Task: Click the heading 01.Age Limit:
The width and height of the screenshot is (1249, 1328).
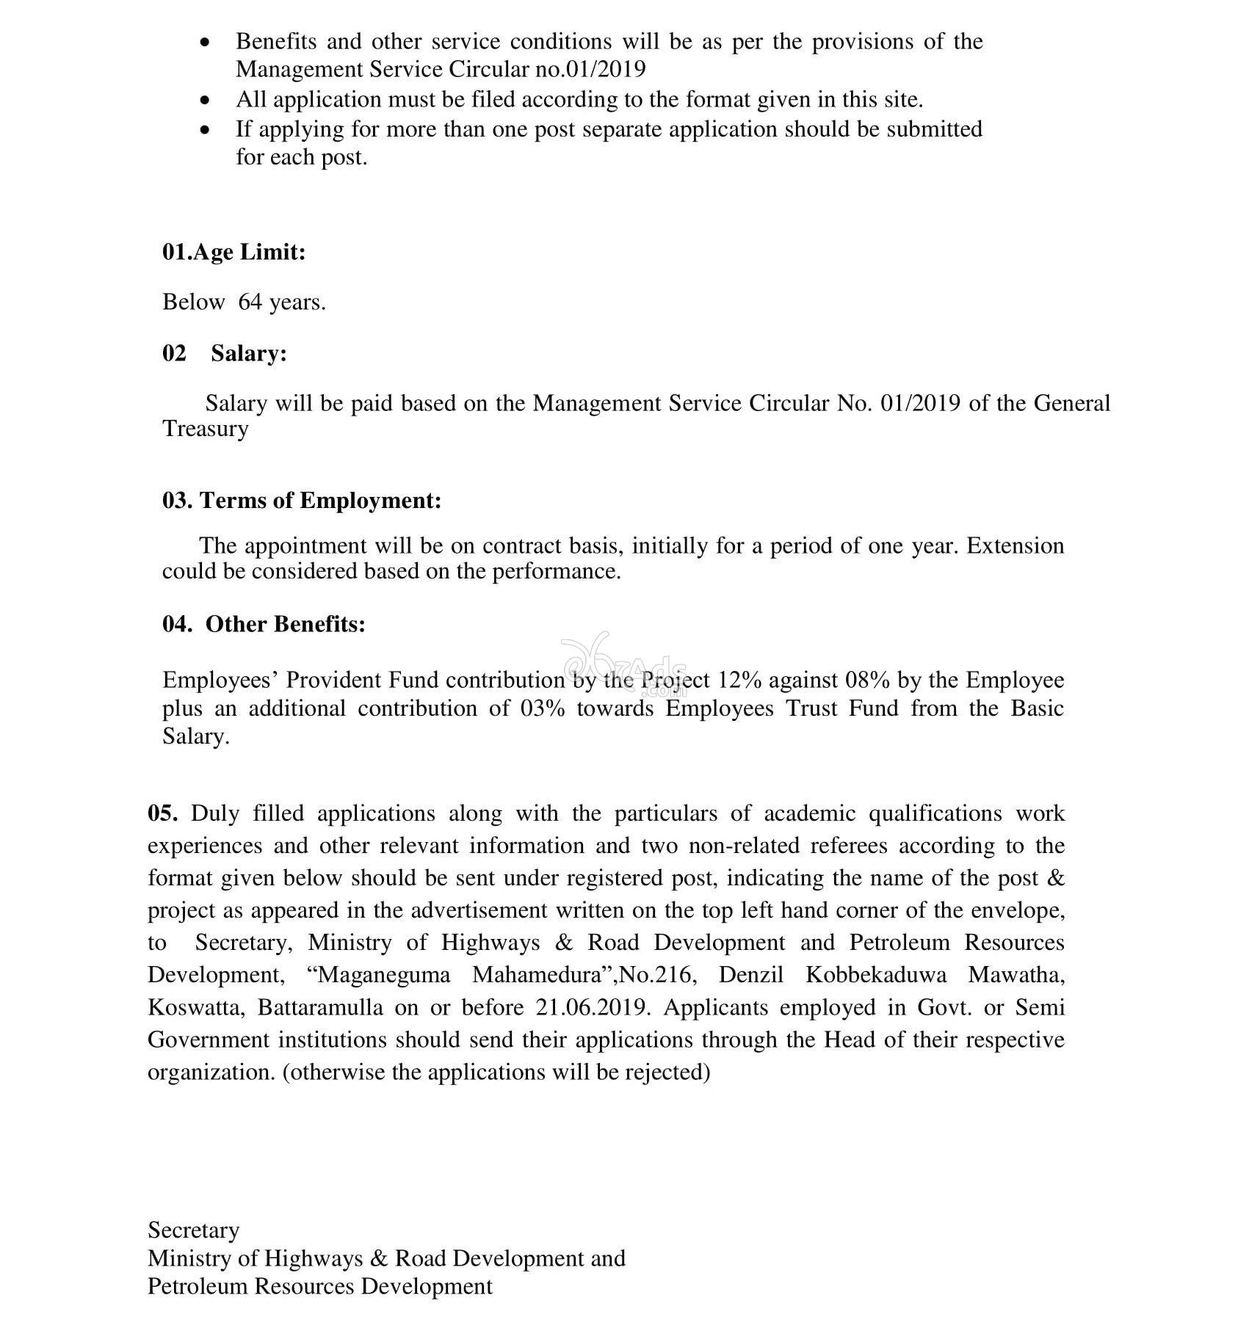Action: [x=233, y=253]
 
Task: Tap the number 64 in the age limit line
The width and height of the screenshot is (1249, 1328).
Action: [x=250, y=302]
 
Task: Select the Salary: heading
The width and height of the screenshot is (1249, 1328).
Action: [x=249, y=354]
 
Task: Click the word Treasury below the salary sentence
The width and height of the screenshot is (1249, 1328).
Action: [x=206, y=429]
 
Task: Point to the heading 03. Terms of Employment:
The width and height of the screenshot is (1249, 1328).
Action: [x=302, y=501]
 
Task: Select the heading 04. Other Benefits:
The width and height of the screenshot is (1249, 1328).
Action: [x=264, y=624]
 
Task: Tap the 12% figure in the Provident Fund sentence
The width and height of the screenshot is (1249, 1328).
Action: [x=739, y=681]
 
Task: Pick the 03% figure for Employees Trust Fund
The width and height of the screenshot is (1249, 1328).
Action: [x=543, y=709]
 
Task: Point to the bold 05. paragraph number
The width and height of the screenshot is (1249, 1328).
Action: [x=162, y=813]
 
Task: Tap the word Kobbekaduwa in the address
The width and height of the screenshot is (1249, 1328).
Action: [x=876, y=975]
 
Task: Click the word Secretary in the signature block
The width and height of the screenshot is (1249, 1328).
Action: [x=194, y=1230]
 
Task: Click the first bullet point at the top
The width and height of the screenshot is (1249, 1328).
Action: [x=206, y=43]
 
